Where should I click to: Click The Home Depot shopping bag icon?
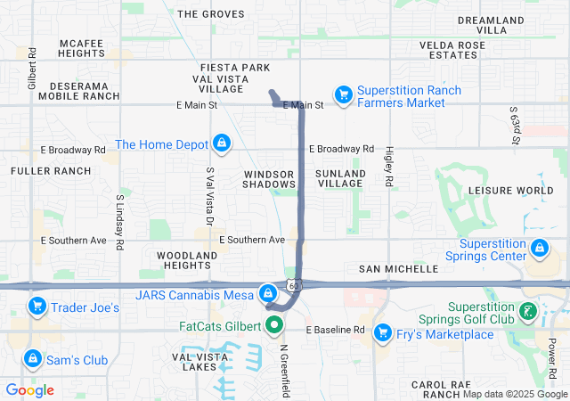click(222, 143)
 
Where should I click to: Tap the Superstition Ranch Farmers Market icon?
click(343, 94)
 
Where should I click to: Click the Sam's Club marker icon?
click(32, 358)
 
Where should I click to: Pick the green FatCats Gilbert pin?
click(275, 325)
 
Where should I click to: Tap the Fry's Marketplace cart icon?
click(383, 332)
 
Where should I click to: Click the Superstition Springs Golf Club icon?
click(529, 311)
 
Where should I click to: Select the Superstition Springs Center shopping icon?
click(538, 248)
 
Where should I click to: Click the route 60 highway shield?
click(293, 284)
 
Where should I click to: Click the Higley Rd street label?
click(389, 167)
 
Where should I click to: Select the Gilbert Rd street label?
click(32, 69)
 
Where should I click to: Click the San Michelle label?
click(398, 268)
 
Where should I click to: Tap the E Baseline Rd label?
click(336, 330)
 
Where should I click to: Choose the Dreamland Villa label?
click(494, 25)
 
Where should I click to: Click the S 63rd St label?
click(515, 125)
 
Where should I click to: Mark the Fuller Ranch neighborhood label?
click(51, 170)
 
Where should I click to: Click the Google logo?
click(30, 390)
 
